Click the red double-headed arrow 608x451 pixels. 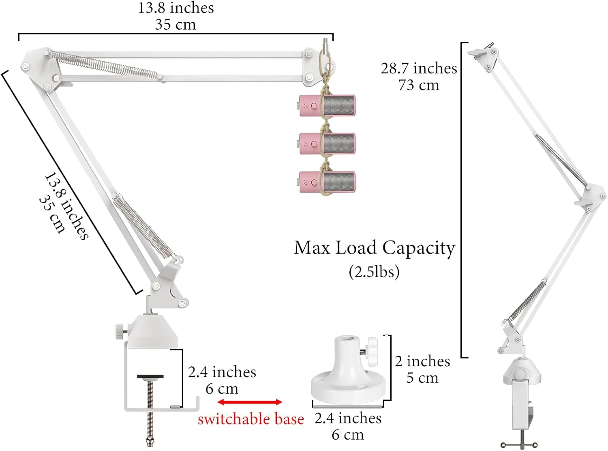pyautogui.click(x=250, y=402)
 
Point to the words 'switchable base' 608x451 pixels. pyautogui.click(x=250, y=419)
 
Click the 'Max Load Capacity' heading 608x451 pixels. pyautogui.click(x=375, y=248)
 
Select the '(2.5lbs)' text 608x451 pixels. pyautogui.click(x=374, y=271)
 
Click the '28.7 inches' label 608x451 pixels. pyautogui.click(x=419, y=68)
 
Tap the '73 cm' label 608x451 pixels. pyautogui.click(x=419, y=85)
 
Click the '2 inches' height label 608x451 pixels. pyautogui.click(x=422, y=361)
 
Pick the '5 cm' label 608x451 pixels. pyautogui.click(x=422, y=378)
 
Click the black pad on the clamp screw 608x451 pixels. pyautogui.click(x=150, y=376)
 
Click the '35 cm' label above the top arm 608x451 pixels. pyautogui.click(x=175, y=25)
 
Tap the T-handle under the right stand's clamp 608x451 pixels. pyautogui.click(x=519, y=445)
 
